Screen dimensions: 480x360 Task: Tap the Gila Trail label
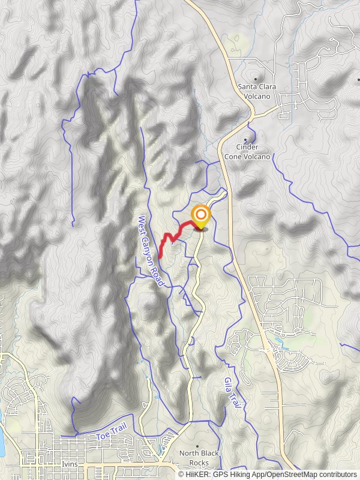click(x=232, y=394)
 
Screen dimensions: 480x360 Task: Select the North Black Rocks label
click(x=200, y=458)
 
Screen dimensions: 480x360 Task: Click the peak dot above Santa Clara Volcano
click(x=257, y=79)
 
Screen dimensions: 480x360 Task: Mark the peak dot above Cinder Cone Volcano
click(x=245, y=140)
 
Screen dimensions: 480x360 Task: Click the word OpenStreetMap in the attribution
click(x=289, y=475)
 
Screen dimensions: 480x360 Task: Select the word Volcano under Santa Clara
click(x=258, y=96)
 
